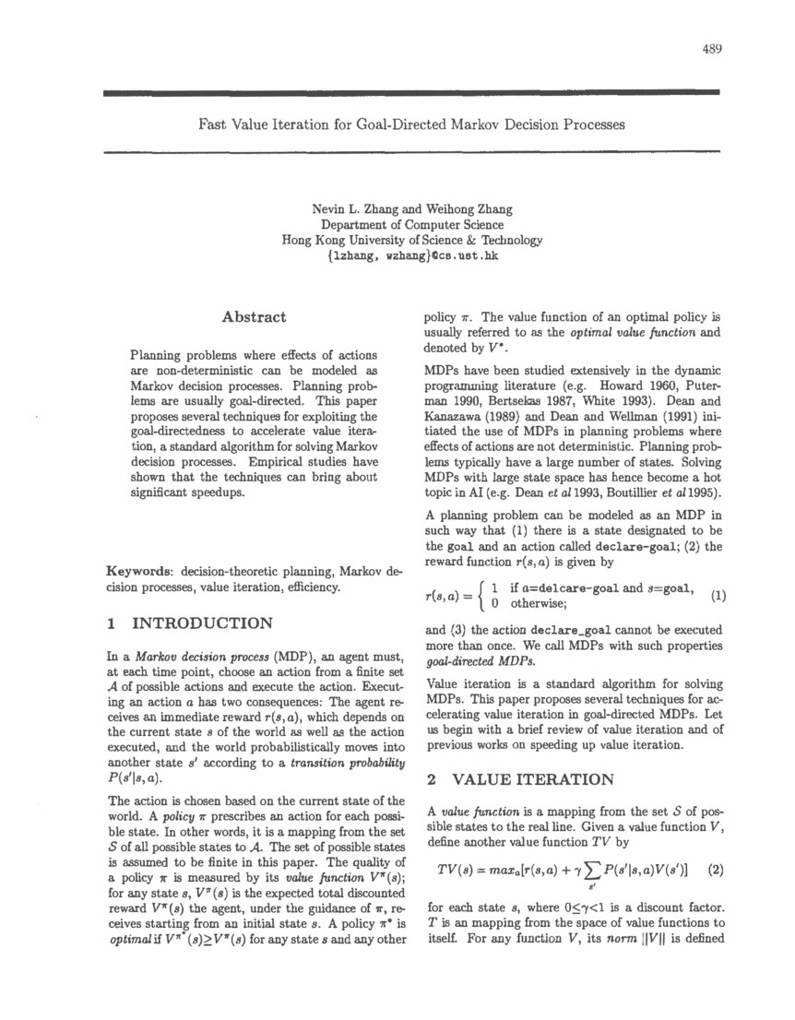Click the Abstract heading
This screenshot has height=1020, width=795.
[x=254, y=316]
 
